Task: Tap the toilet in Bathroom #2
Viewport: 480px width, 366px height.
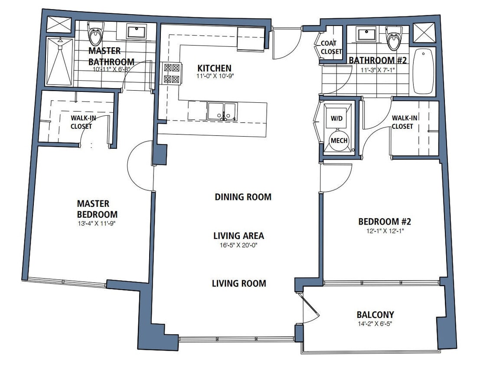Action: [393, 38]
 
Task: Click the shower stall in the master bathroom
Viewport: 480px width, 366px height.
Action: [59, 62]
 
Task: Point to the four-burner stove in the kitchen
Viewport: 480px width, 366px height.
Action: [171, 73]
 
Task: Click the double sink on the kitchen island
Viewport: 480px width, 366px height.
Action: [222, 111]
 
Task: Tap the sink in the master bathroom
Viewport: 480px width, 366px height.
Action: [138, 32]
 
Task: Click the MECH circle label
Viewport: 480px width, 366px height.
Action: [338, 141]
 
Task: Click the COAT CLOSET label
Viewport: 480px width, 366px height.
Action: [331, 48]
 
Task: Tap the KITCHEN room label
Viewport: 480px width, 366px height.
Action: [214, 69]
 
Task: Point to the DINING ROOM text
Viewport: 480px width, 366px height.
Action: [243, 197]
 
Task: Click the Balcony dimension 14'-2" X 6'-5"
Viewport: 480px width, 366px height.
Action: [375, 323]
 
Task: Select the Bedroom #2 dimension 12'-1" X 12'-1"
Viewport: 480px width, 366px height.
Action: [384, 231]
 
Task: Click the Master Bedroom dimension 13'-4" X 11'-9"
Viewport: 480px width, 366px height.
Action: [97, 224]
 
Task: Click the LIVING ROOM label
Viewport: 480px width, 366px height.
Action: [238, 284]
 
